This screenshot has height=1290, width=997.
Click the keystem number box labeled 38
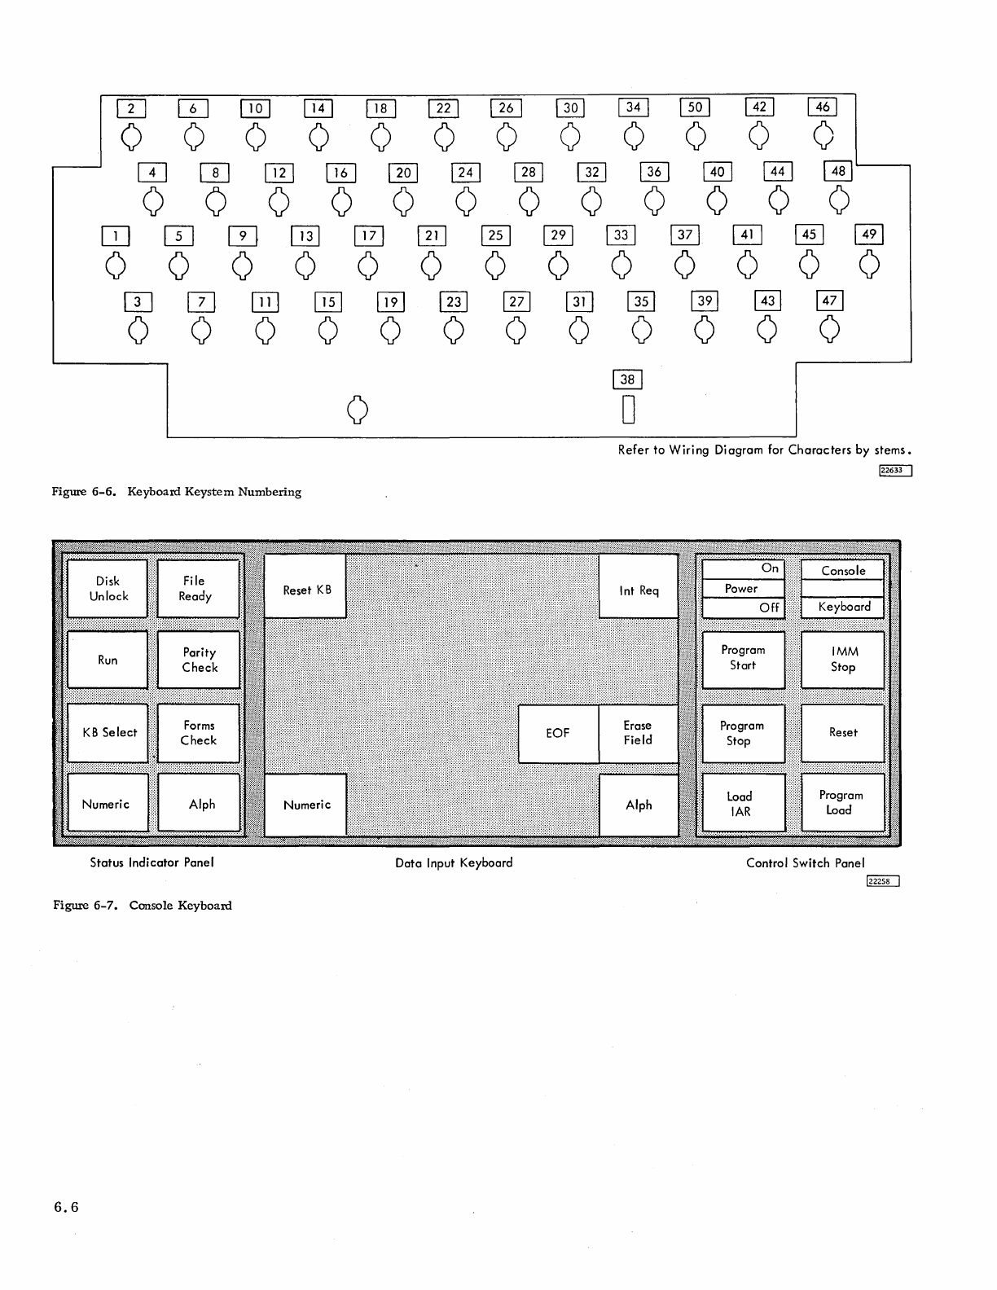627,380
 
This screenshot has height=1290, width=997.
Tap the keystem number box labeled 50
695,107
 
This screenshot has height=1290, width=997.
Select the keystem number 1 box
116,236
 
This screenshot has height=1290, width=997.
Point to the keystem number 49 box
869,235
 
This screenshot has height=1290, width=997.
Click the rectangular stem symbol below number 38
628,409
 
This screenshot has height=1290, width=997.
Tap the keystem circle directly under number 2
132,137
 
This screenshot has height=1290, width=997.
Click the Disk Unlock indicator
108,588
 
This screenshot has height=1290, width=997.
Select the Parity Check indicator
199,660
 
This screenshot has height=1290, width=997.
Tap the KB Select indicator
108,732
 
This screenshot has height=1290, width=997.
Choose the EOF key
558,733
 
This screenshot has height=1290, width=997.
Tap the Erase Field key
638,733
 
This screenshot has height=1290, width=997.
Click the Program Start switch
743,658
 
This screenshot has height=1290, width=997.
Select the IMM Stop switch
843,659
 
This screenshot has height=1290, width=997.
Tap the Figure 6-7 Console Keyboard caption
143,906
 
